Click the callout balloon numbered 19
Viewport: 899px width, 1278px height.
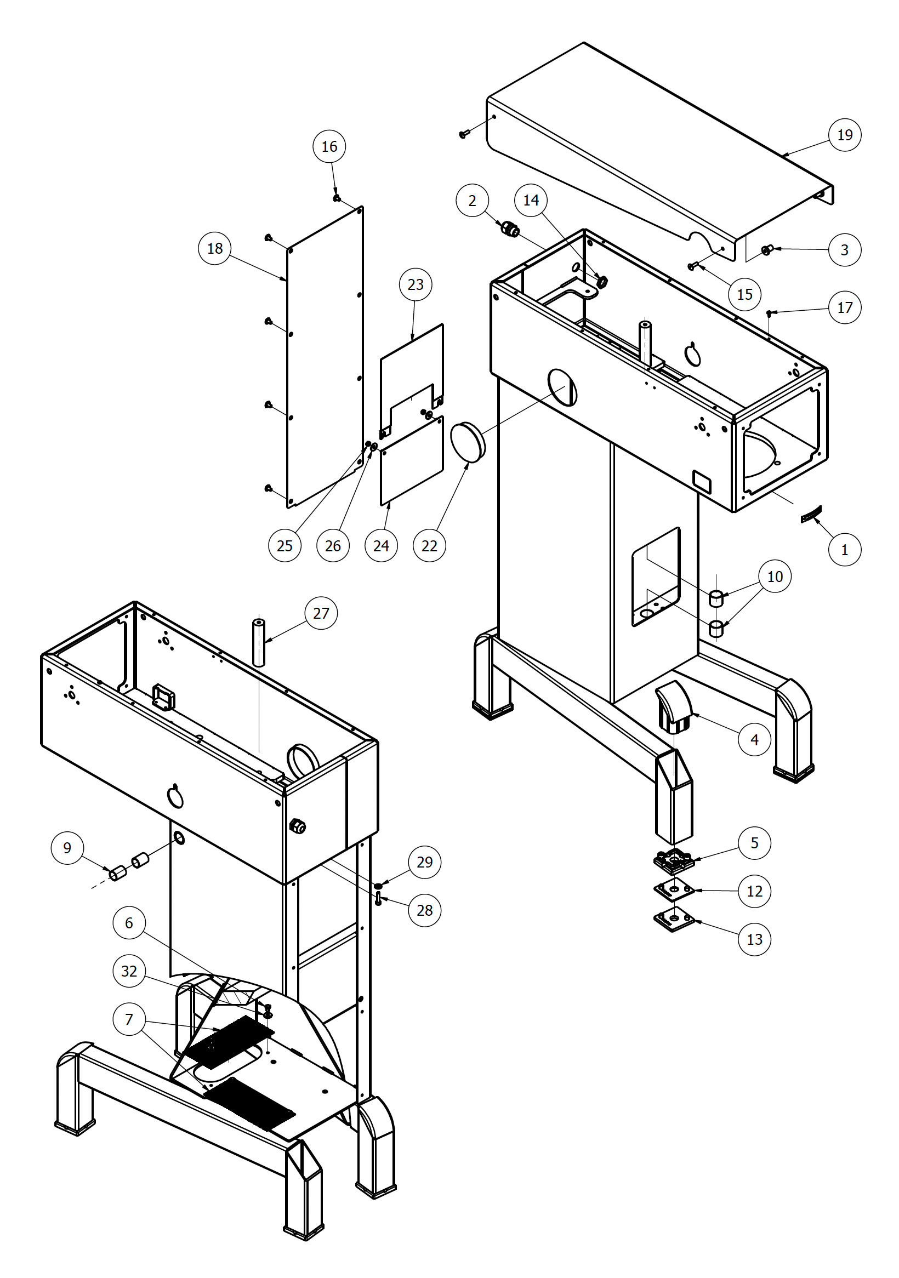coord(844,135)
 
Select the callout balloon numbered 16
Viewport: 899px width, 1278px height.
coord(329,146)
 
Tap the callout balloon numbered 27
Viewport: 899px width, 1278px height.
coord(321,613)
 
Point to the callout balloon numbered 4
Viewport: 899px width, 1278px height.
coord(754,740)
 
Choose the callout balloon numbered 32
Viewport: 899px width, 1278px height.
coord(129,971)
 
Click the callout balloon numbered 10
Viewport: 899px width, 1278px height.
coord(775,577)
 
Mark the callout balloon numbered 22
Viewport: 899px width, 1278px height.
coord(429,545)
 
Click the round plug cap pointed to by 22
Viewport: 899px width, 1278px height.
coord(468,442)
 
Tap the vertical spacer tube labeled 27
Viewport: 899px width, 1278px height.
coord(259,642)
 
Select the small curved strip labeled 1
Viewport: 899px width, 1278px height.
coord(811,514)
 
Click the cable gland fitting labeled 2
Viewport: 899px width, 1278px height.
coord(509,229)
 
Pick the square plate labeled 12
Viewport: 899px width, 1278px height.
coord(674,890)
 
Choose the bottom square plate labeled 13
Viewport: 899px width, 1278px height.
coord(674,920)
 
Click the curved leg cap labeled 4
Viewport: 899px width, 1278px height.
coord(675,708)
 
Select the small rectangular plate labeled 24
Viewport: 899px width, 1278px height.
coord(412,461)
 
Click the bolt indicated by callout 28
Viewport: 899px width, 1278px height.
coord(379,898)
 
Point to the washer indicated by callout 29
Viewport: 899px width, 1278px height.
coord(378,886)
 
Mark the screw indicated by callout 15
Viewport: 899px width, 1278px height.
coord(692,266)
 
